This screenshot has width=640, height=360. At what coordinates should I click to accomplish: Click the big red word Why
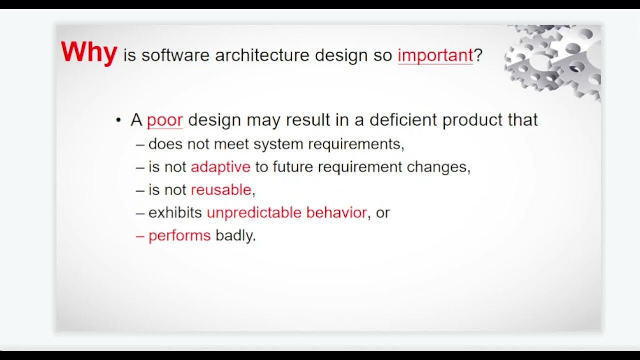[x=89, y=52]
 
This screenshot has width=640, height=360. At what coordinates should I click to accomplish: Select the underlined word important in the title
[x=435, y=55]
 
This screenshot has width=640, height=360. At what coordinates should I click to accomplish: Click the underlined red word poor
[x=165, y=120]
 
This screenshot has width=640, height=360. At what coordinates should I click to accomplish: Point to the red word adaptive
[x=220, y=167]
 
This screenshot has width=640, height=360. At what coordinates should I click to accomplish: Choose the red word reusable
[x=221, y=190]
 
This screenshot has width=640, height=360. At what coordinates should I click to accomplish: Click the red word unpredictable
[x=254, y=213]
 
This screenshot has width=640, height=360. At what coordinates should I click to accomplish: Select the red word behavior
[x=336, y=213]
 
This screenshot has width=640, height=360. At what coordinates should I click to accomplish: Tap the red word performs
[x=179, y=236]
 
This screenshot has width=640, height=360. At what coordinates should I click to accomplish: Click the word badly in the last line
[x=235, y=236]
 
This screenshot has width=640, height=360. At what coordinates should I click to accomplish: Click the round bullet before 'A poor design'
[x=118, y=121]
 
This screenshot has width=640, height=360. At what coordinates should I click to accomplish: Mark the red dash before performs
[x=140, y=236]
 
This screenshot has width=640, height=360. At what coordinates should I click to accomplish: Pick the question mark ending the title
[x=478, y=55]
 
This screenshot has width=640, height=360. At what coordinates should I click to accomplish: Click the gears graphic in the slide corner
[x=555, y=60]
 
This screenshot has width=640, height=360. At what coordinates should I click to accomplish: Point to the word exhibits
[x=175, y=213]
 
